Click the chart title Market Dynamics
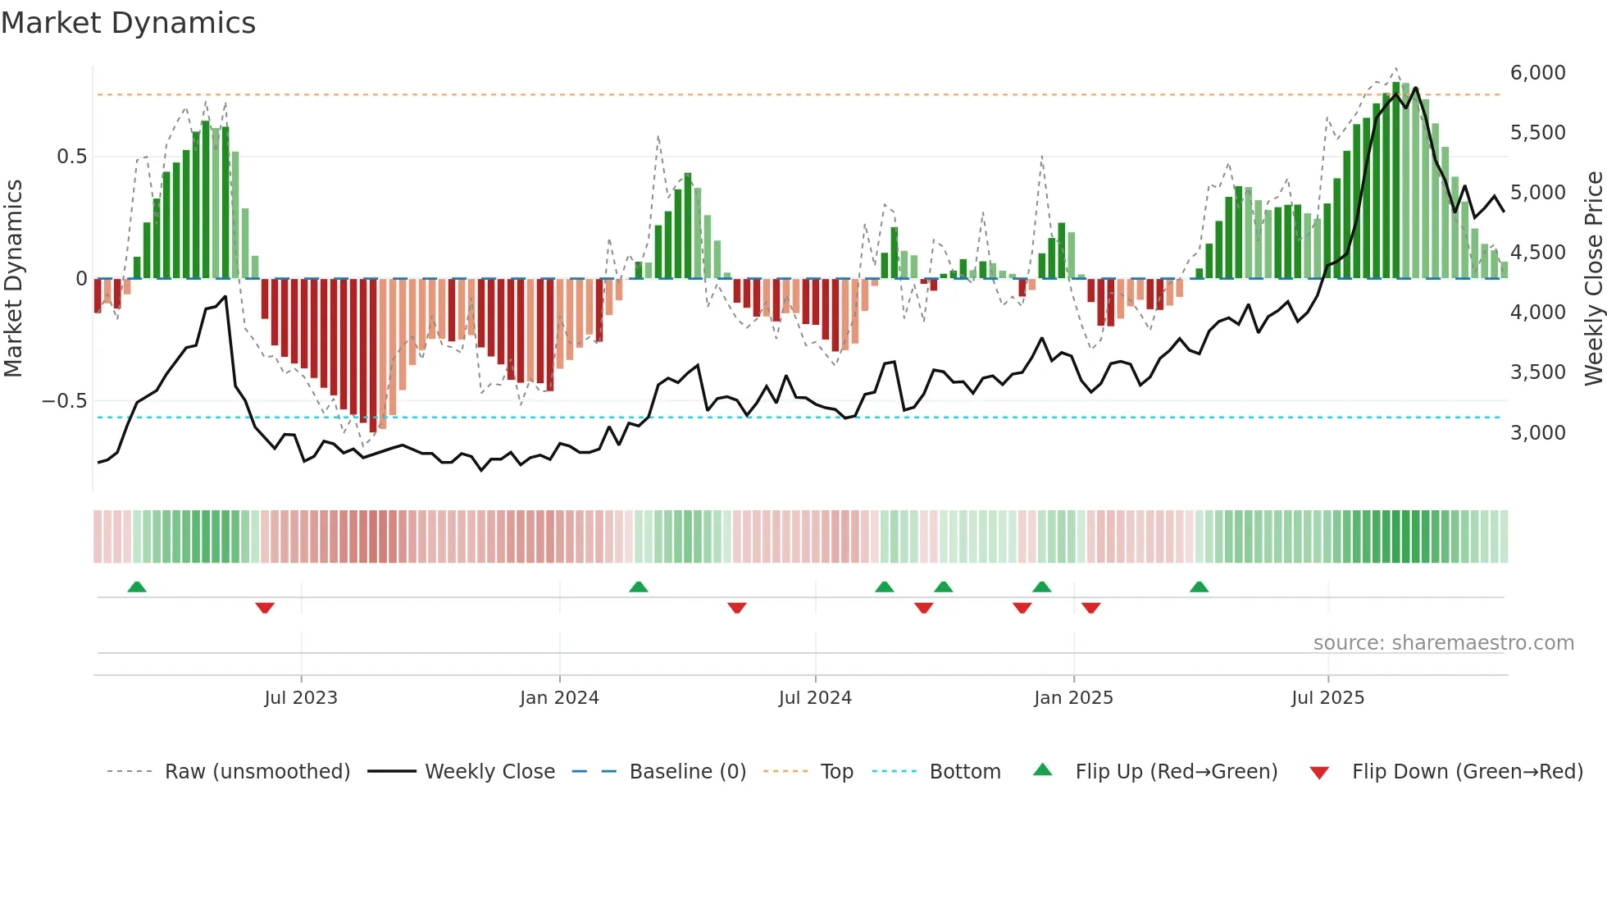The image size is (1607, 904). click(x=128, y=23)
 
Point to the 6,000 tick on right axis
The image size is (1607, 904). click(x=1537, y=73)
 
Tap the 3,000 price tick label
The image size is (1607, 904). click(x=1537, y=433)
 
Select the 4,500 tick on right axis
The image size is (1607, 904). click(x=1537, y=253)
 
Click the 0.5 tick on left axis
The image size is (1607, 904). click(x=71, y=157)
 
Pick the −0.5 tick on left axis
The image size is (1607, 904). click(x=64, y=401)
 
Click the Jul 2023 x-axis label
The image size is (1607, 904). click(x=301, y=698)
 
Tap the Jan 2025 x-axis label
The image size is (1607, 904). click(x=1073, y=698)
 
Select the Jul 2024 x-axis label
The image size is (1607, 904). click(x=815, y=698)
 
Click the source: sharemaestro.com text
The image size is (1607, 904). click(x=1443, y=643)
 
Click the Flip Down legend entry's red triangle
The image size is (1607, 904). click(x=1319, y=773)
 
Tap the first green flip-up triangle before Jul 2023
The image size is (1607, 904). click(x=137, y=587)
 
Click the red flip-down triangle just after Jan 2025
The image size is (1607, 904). click(x=1090, y=607)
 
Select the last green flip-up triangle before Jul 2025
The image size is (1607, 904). click(x=1199, y=587)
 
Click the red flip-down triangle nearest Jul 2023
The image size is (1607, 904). click(x=264, y=607)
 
